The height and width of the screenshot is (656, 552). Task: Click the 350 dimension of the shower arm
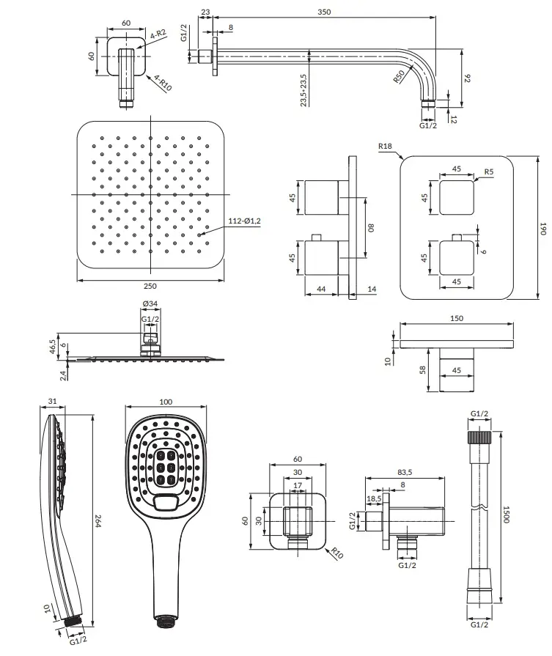(x=324, y=12)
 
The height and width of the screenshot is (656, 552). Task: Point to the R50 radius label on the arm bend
(x=400, y=76)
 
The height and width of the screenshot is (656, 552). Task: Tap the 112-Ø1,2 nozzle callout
(x=244, y=221)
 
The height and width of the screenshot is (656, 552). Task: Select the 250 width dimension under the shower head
(x=150, y=286)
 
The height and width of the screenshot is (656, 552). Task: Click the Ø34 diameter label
(x=150, y=303)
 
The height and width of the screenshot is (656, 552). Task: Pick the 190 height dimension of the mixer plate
(x=542, y=229)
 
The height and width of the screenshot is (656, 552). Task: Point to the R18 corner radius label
(x=385, y=146)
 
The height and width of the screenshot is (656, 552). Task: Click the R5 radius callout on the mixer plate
(x=489, y=172)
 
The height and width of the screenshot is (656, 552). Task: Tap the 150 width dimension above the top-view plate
(x=457, y=318)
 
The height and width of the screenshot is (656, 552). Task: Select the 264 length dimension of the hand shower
(x=98, y=520)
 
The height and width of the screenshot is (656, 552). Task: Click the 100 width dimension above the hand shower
(x=166, y=402)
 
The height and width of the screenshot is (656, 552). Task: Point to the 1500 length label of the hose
(x=506, y=515)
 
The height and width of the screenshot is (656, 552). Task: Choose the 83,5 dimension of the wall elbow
(x=405, y=472)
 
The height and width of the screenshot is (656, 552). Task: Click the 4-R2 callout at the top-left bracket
(x=158, y=34)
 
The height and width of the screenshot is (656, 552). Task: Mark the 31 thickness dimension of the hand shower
(x=52, y=401)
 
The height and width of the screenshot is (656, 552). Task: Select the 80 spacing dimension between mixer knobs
(x=371, y=228)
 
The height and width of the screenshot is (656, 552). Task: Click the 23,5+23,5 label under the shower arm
(x=303, y=90)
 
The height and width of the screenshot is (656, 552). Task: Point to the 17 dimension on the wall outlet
(x=298, y=485)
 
